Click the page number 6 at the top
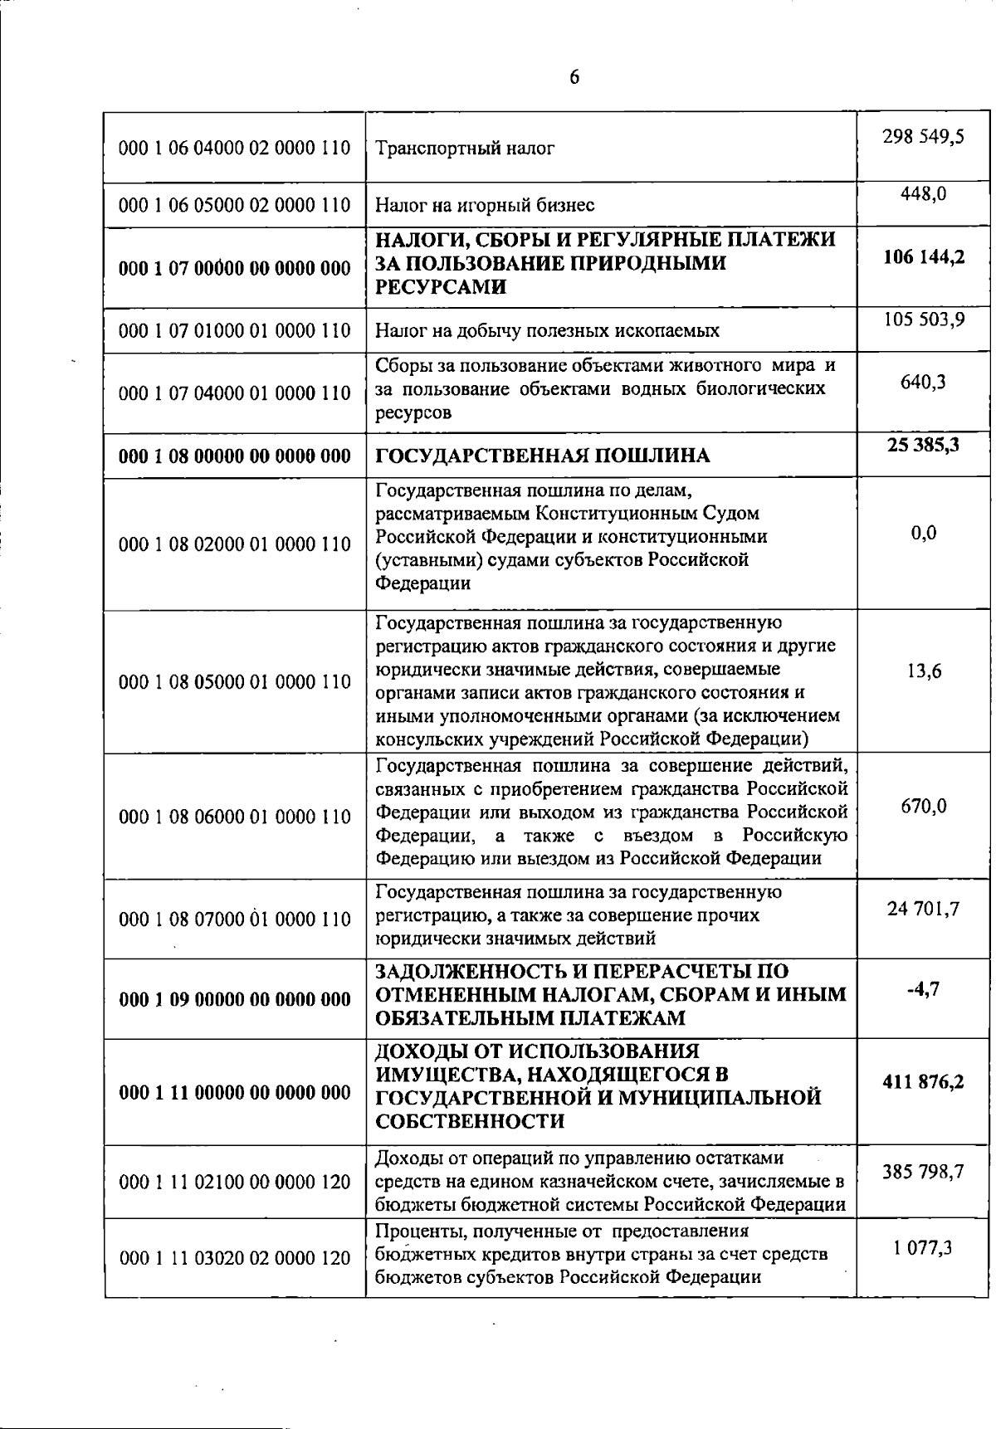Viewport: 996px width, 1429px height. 574,78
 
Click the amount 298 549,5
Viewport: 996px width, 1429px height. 923,136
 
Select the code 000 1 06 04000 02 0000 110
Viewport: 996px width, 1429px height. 235,149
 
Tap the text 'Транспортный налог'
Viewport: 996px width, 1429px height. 465,149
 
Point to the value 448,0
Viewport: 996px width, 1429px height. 923,194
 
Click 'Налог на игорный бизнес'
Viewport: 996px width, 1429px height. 485,205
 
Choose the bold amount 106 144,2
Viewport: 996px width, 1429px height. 923,256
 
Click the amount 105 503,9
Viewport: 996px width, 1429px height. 923,319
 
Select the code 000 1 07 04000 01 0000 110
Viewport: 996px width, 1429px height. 235,393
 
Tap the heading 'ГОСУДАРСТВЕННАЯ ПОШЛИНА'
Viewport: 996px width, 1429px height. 543,456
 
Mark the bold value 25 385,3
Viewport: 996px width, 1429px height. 923,445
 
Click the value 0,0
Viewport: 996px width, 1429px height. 923,533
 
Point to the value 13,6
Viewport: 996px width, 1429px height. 923,671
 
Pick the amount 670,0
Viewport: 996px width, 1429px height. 923,806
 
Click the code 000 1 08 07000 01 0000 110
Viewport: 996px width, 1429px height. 235,919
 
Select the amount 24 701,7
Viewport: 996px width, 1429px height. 923,909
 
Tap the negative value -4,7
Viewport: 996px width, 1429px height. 923,988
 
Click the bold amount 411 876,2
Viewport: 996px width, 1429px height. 923,1082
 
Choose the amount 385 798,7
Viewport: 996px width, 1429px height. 923,1172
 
